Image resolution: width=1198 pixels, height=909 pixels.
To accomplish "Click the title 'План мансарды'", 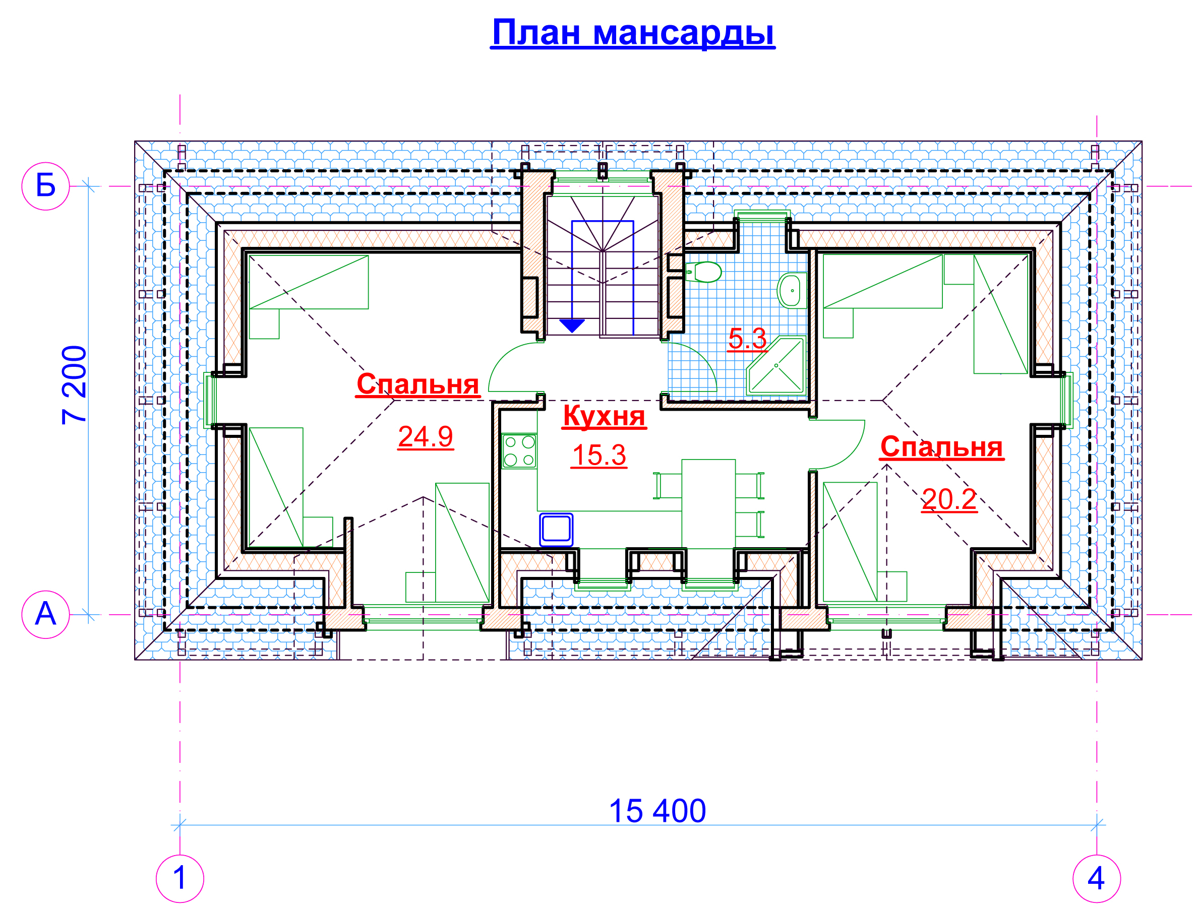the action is pos(633,33).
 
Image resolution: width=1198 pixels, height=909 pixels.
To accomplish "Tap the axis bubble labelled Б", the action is pos(45,186).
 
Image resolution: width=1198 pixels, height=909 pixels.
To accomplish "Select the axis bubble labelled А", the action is pos(45,614).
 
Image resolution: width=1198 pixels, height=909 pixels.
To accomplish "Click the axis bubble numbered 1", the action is pos(180,879).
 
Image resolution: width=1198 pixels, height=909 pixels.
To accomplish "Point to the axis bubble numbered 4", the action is pos(1097,879).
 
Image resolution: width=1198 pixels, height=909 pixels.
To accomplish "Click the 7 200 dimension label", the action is pos(74,385).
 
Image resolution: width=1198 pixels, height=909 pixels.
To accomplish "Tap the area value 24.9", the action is pos(426,437).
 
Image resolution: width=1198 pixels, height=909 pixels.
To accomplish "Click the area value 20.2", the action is pos(949,499).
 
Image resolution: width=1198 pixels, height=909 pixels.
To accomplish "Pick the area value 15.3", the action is pos(599,456).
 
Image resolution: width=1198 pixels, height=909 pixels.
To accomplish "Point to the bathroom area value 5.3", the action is pos(747,339).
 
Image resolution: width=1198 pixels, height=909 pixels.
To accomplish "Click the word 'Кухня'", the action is pos(604,416).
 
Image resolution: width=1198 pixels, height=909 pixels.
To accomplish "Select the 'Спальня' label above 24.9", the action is pos(417,384).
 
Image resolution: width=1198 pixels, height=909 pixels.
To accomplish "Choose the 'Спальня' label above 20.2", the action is pos(942,446).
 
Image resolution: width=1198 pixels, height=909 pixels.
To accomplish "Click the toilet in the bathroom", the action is pos(703,272).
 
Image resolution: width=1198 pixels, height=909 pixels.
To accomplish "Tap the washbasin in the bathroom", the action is pos(792,290).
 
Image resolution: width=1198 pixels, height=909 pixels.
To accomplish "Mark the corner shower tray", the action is pos(776,365).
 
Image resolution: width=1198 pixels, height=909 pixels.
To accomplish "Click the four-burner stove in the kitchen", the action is pos(519,451).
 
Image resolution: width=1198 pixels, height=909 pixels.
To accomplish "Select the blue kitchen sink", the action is pos(556,530).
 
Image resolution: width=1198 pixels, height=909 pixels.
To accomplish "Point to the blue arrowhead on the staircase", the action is pos(572,326).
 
